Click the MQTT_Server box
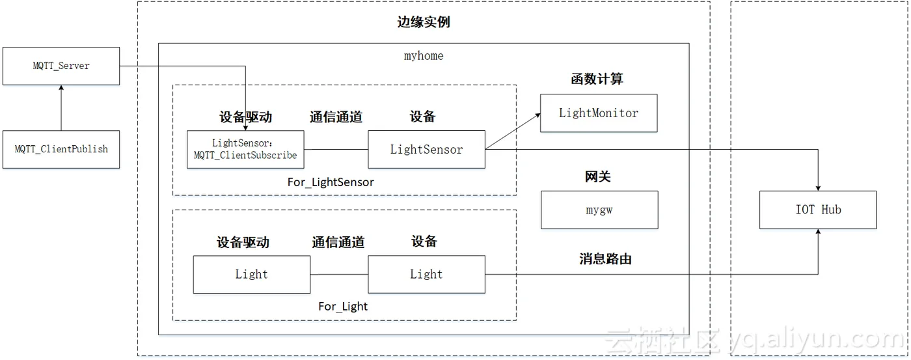[61, 66]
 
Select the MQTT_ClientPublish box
[61, 149]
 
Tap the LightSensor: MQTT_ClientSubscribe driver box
[245, 149]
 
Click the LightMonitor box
[599, 113]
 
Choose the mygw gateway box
[599, 210]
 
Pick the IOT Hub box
[818, 210]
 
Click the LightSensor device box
[427, 149]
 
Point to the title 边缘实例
[424, 22]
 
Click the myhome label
[424, 56]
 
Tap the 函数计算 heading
[597, 79]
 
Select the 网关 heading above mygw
[597, 176]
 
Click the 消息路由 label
[605, 258]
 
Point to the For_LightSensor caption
[331, 182]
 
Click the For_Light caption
[343, 307]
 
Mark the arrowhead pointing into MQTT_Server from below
[61, 87]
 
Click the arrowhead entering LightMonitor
[538, 115]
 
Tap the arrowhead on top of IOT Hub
[819, 188]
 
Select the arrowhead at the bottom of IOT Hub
[819, 232]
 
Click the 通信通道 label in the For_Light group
[338, 242]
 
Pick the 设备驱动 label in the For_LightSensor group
[246, 117]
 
